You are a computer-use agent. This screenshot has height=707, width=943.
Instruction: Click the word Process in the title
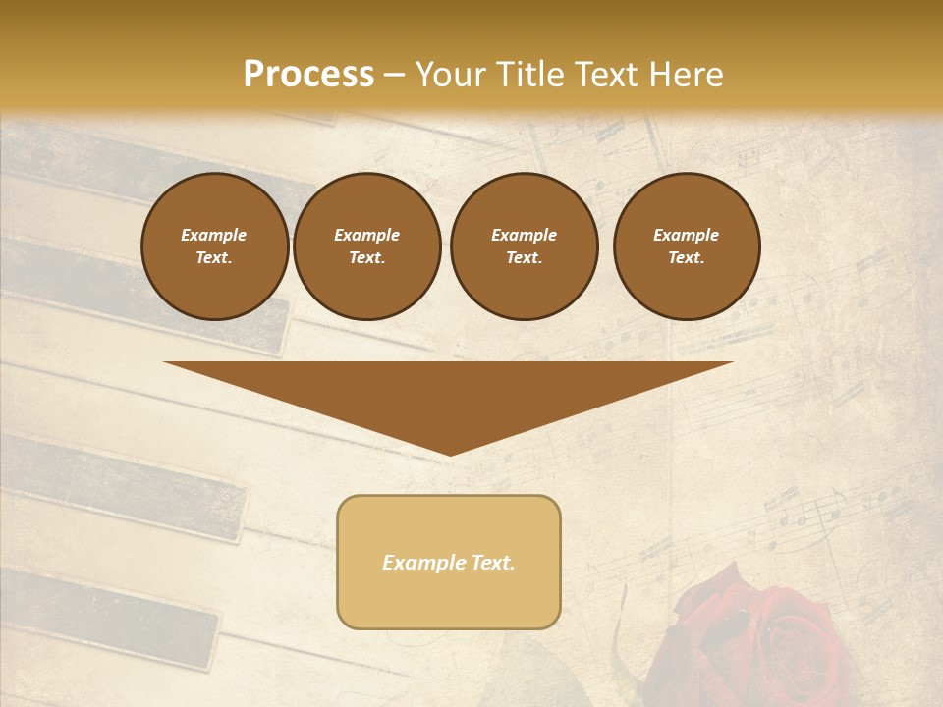pos(308,75)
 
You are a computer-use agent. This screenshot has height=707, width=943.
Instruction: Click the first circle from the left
pos(214,246)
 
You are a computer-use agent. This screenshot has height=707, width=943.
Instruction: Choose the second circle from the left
pos(367,246)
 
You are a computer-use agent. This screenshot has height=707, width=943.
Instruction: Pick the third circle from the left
pos(524,246)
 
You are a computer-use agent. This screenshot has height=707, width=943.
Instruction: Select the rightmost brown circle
pos(687,246)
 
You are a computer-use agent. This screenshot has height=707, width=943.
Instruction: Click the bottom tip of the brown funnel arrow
pos(450,453)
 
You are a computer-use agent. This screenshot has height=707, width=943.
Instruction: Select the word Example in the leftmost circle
pos(214,236)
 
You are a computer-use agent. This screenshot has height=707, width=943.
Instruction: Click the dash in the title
pos(394,75)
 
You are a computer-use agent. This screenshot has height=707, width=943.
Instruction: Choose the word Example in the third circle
pos(524,236)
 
